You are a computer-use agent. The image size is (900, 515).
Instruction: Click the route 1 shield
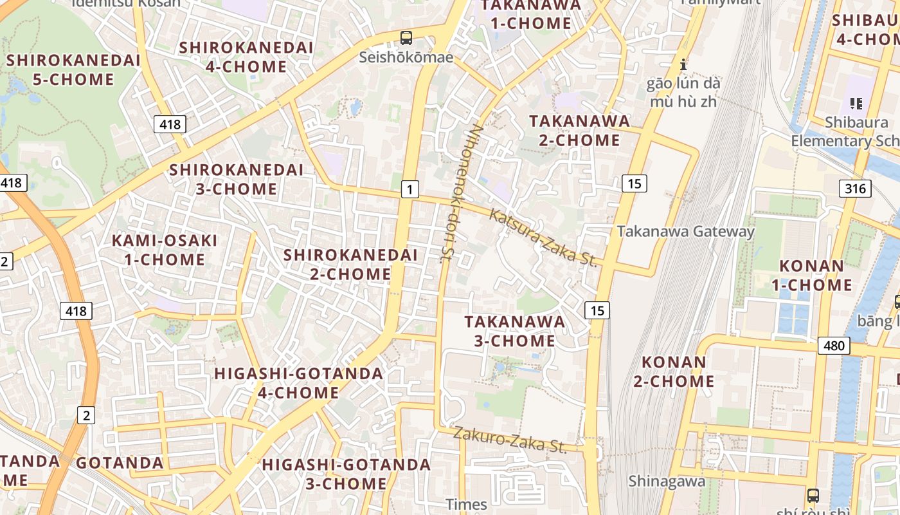pyautogui.click(x=410, y=189)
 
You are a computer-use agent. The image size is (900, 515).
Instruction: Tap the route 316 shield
pyautogui.click(x=855, y=189)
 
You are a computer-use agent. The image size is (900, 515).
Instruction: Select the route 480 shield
pyautogui.click(x=834, y=346)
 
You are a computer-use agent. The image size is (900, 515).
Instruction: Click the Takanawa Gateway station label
pyautogui.click(x=685, y=232)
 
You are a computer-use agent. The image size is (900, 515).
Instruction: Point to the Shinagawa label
pyautogui.click(x=667, y=481)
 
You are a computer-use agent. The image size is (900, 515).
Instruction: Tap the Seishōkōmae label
pyautogui.click(x=406, y=57)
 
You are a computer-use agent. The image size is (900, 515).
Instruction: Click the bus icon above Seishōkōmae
pyautogui.click(x=406, y=37)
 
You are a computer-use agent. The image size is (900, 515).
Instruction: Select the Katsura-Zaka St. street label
pyautogui.click(x=543, y=238)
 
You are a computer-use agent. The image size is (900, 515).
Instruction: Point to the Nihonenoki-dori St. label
pyautogui.click(x=461, y=193)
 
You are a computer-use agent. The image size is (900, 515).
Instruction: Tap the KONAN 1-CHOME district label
pyautogui.click(x=816, y=276)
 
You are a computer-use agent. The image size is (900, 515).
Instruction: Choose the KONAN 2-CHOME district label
pyautogui.click(x=674, y=371)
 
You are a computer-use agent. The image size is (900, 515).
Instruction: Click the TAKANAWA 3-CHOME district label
pyautogui.click(x=514, y=331)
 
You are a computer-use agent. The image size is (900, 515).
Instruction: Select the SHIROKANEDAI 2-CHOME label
pyautogui.click(x=350, y=265)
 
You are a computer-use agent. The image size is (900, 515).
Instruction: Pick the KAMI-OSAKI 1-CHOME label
pyautogui.click(x=165, y=250)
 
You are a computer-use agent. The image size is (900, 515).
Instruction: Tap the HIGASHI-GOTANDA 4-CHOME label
pyautogui.click(x=298, y=383)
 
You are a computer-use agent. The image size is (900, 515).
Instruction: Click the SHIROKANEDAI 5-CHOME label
pyautogui.click(x=73, y=70)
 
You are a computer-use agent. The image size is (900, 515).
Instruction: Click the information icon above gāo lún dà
pyautogui.click(x=683, y=64)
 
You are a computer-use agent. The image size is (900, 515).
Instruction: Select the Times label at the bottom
pyautogui.click(x=467, y=504)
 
